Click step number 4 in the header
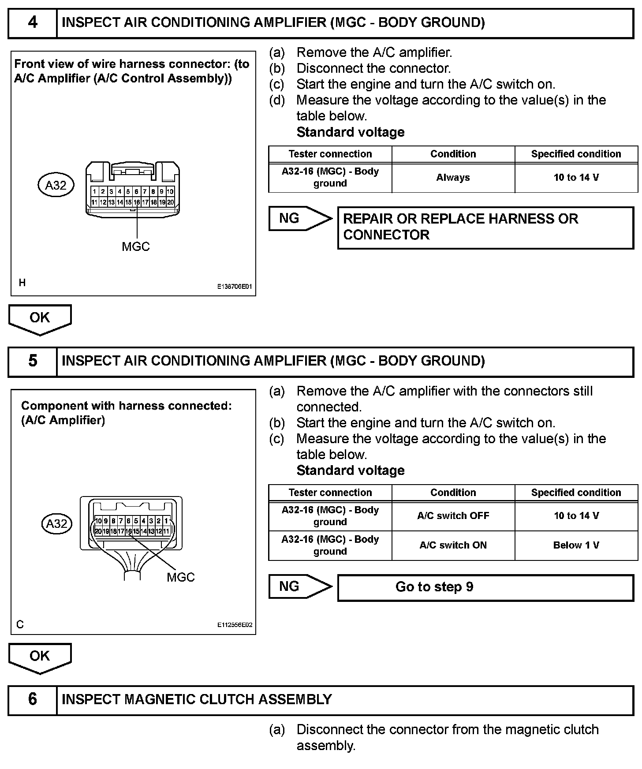coord(33,22)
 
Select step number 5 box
coord(33,361)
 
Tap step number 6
coord(33,699)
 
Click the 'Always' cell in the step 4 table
coord(453,178)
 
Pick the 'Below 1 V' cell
coord(576,545)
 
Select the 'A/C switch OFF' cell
coord(453,516)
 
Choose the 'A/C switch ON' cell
coord(453,545)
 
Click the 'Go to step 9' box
coord(485,587)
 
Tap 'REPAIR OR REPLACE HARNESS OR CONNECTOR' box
coord(485,227)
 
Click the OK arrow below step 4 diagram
coord(40,318)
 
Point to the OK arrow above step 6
coord(40,657)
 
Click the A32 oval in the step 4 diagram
coord(56,185)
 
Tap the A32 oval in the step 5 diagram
coord(57,524)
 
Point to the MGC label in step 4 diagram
coord(136,247)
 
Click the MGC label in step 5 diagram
coord(181,577)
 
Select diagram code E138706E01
coord(234,287)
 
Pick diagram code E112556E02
coord(234,625)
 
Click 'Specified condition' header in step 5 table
coord(576,493)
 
